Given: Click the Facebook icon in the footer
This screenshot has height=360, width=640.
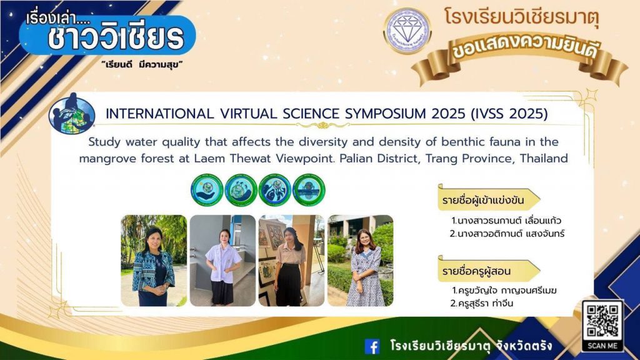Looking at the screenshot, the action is point(372,346).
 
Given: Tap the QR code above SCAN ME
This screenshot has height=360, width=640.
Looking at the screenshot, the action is point(602,321).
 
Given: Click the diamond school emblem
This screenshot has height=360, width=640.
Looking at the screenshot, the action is point(407,31).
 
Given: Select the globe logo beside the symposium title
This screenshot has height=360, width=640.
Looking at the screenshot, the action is point(72,114).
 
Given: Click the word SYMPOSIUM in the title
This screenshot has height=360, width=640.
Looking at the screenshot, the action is point(384,114).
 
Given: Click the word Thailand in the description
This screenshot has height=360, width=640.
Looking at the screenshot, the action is point(544,158).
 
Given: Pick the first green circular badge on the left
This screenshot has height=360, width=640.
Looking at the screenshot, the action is point(207,190).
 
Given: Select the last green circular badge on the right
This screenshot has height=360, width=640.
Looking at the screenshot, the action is point(309,190).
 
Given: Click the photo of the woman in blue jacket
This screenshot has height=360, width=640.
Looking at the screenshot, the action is point(154,261).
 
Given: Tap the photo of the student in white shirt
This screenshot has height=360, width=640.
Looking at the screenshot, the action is point(222,261).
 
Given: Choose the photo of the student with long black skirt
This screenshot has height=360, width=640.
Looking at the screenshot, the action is point(291,261).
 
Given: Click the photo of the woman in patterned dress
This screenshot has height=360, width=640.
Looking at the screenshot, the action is point(361,261).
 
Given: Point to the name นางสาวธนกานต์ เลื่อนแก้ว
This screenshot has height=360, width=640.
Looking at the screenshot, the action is point(506,221).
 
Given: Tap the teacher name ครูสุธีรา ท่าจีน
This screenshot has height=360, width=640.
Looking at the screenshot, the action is point(482,303).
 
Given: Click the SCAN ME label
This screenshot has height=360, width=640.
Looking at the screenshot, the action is point(602,346).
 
